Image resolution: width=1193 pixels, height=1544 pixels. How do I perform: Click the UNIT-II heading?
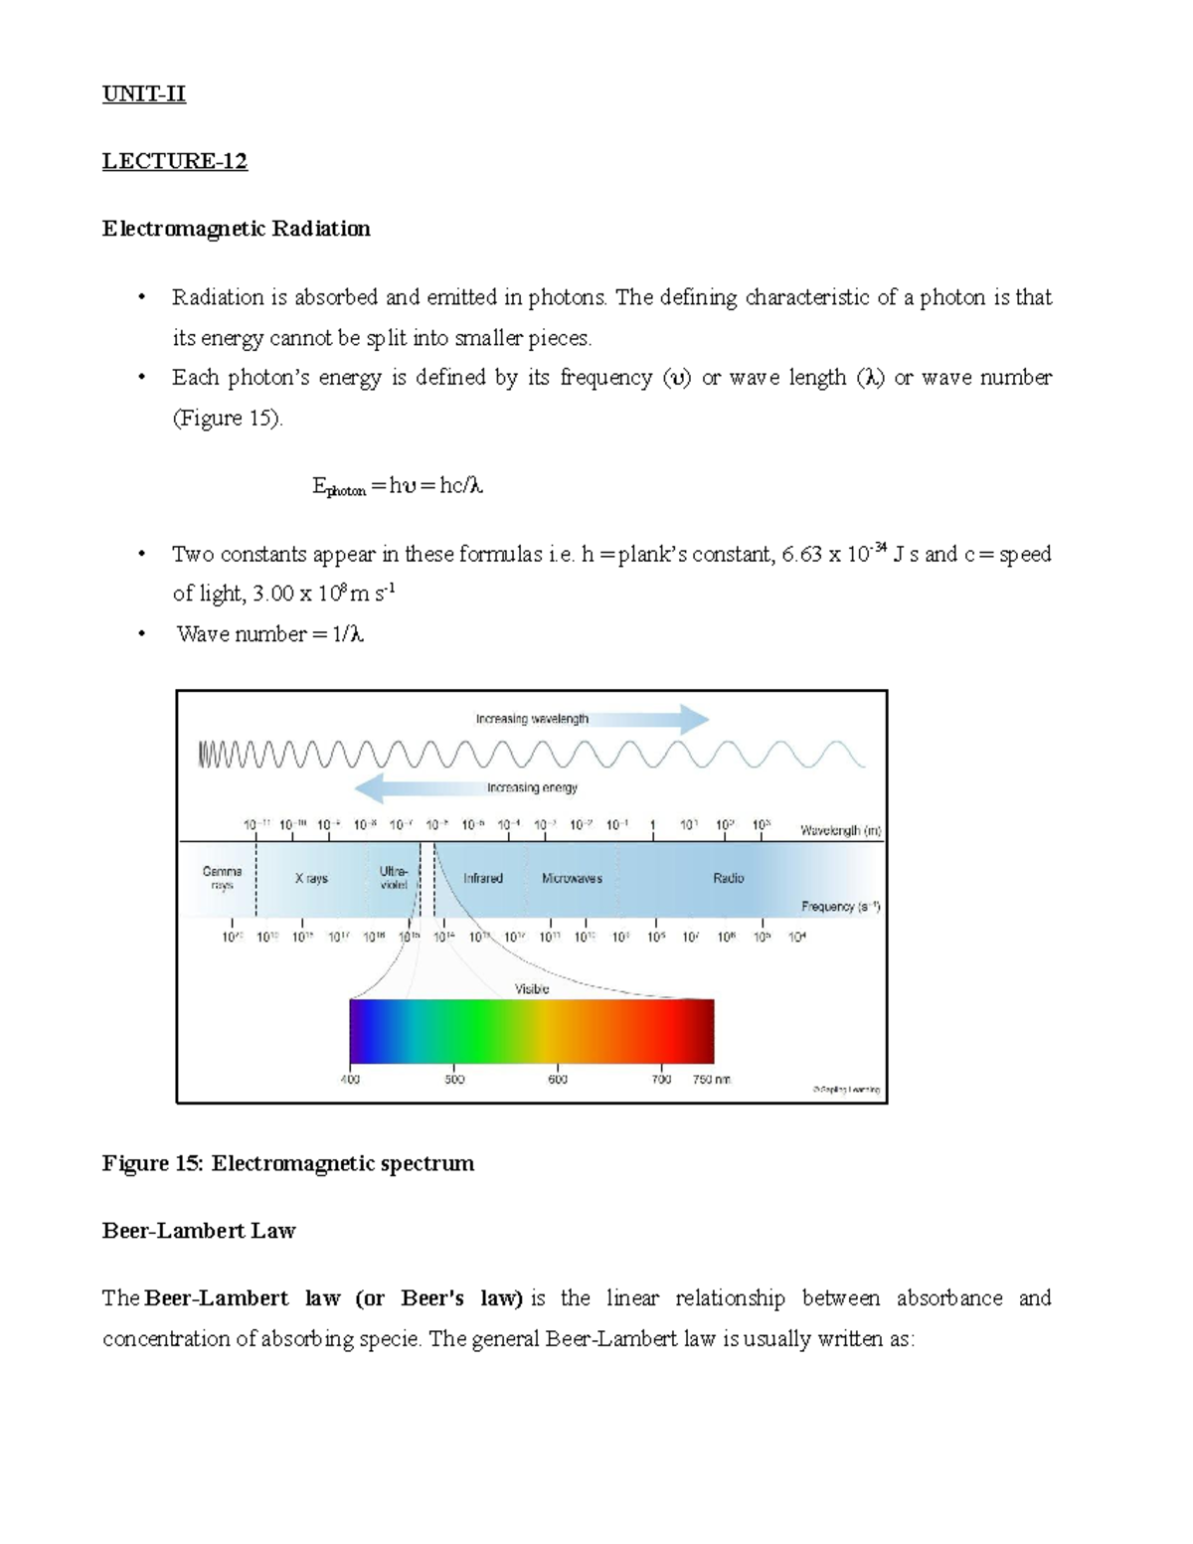[x=143, y=94]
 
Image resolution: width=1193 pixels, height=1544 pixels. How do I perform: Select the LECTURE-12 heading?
[x=174, y=161]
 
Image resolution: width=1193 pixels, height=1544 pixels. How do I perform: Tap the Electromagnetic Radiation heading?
[x=236, y=229]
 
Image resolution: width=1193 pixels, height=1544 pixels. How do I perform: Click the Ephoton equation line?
[x=397, y=486]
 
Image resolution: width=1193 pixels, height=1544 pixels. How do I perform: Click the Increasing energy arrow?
[x=467, y=787]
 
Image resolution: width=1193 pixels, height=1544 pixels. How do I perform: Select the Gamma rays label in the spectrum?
[x=222, y=878]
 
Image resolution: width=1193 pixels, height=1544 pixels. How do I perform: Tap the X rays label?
[x=311, y=879]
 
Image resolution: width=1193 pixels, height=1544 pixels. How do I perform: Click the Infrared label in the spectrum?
[x=483, y=879]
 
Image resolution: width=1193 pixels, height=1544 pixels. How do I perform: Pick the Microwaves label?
[x=572, y=879]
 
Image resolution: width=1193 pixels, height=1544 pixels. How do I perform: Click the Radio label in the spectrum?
[x=728, y=879]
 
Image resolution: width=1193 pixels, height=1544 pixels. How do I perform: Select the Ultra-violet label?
[x=394, y=878]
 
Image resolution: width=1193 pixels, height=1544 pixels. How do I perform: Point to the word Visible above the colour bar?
[x=531, y=989]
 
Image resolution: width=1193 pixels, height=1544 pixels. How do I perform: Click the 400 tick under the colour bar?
[x=350, y=1079]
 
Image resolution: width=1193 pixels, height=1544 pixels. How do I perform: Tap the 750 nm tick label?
[x=712, y=1079]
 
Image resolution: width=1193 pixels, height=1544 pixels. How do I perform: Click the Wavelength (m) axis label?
[x=841, y=830]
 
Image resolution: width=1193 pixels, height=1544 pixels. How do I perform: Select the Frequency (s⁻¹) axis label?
[x=841, y=907]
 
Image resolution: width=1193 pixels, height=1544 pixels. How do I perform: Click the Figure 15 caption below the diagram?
[x=287, y=1163]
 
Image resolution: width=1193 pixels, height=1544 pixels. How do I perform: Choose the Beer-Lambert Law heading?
[x=199, y=1231]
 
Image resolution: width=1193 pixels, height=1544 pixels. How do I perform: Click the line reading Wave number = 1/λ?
[x=269, y=634]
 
